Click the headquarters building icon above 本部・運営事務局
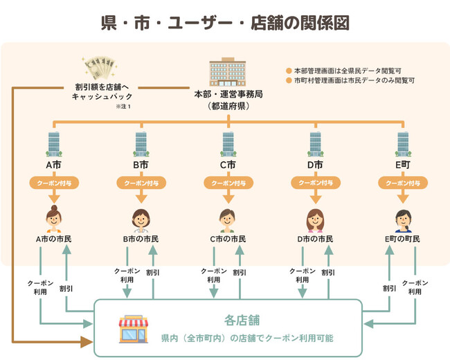(228, 72)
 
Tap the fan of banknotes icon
(100, 68)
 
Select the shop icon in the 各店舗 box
(134, 329)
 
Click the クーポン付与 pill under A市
(54, 183)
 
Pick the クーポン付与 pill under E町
(403, 183)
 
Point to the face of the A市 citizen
(54, 219)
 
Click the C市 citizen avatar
(227, 220)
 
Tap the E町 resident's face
(404, 220)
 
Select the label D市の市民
(315, 239)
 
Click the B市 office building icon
(141, 144)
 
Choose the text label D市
(315, 165)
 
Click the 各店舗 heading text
(242, 321)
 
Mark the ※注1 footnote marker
(123, 107)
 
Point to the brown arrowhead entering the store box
(87, 341)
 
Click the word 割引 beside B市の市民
(153, 272)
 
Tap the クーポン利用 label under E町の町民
(415, 287)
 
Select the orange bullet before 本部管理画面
(289, 71)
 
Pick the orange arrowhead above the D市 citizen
(316, 199)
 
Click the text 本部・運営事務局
(228, 94)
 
